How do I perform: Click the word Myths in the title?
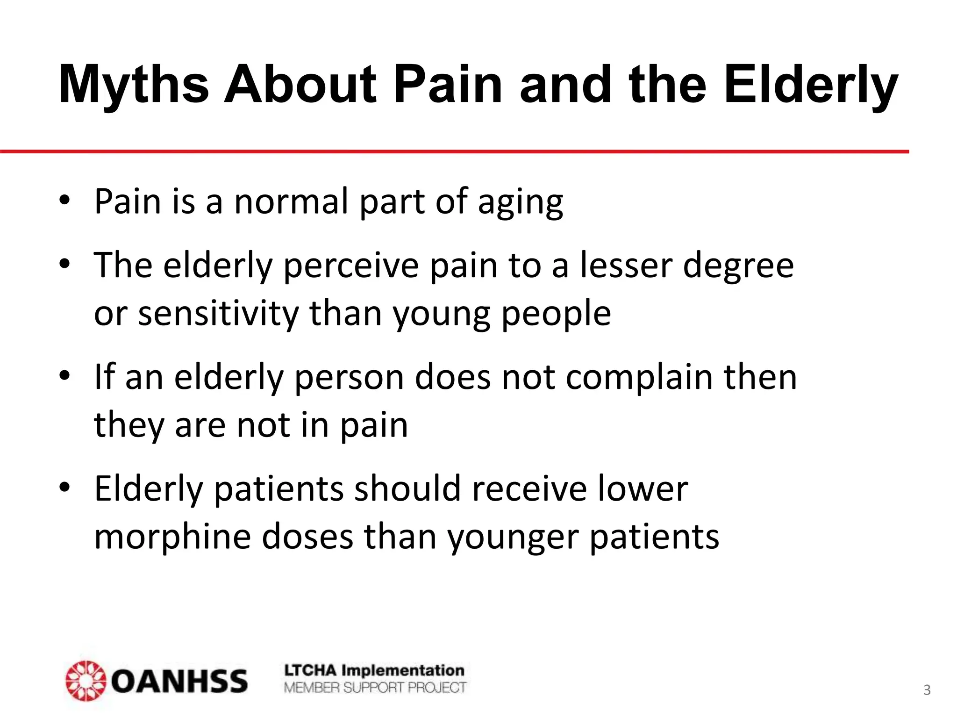[134, 85]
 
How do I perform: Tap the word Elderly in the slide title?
[811, 85]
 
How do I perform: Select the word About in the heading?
[300, 85]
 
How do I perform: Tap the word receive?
[529, 489]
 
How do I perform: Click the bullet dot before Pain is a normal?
[64, 201]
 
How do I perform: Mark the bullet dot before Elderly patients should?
[64, 488]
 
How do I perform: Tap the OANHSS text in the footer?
[179, 681]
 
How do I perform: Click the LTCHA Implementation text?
[374, 670]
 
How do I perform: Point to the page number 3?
[927, 690]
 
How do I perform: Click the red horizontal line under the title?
[453, 151]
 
